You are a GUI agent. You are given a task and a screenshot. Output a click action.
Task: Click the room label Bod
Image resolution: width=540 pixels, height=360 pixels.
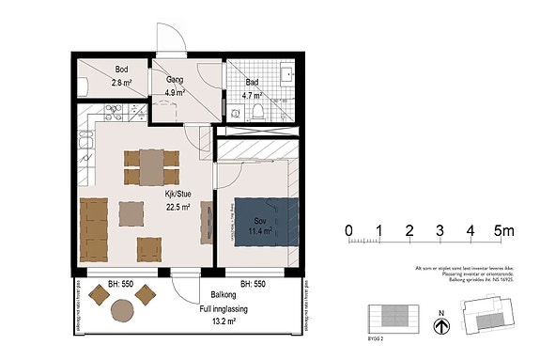pos(122,70)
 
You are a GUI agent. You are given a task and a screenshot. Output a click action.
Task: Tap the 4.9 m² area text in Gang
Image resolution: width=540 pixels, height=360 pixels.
pos(173,93)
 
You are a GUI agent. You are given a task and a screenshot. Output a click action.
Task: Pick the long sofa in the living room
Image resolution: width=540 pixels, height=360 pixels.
pos(92,230)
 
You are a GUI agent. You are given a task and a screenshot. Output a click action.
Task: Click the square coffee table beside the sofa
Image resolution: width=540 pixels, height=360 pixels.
pos(130,215)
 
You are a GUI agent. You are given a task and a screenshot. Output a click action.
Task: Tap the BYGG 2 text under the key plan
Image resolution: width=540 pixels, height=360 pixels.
pos(378,334)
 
